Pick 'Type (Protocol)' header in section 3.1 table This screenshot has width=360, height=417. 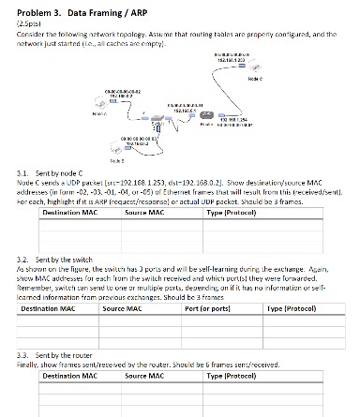pos(232,214)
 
